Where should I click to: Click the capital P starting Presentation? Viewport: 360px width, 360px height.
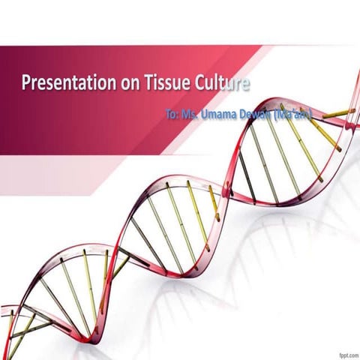click(26, 81)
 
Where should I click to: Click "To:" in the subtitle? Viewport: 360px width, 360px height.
click(173, 115)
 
